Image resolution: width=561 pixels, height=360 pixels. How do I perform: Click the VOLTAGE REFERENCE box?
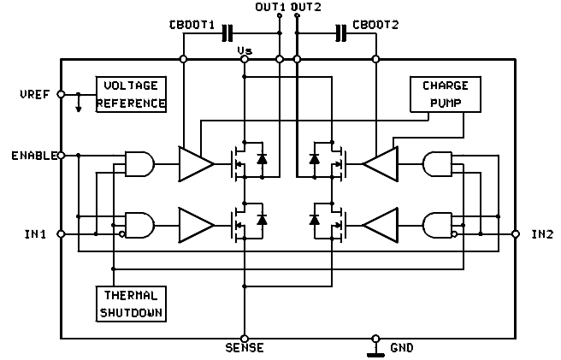132,95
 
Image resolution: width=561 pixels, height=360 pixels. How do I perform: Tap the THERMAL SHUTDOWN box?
130,303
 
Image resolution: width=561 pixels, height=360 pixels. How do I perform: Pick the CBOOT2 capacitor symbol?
341,33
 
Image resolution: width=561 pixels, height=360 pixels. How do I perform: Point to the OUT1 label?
271,8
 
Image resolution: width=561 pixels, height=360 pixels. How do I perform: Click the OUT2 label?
306,8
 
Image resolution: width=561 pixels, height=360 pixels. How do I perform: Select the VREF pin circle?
61,94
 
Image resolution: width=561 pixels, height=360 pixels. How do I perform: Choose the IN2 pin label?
541,233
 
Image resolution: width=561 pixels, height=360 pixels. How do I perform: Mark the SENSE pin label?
245,347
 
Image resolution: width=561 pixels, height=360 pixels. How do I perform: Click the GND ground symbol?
374,349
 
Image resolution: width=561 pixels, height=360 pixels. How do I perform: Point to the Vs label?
245,52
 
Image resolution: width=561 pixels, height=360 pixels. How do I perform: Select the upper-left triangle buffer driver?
194,162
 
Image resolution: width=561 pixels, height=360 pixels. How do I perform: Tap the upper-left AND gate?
139,162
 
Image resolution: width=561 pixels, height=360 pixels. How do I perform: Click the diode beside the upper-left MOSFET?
263,159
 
